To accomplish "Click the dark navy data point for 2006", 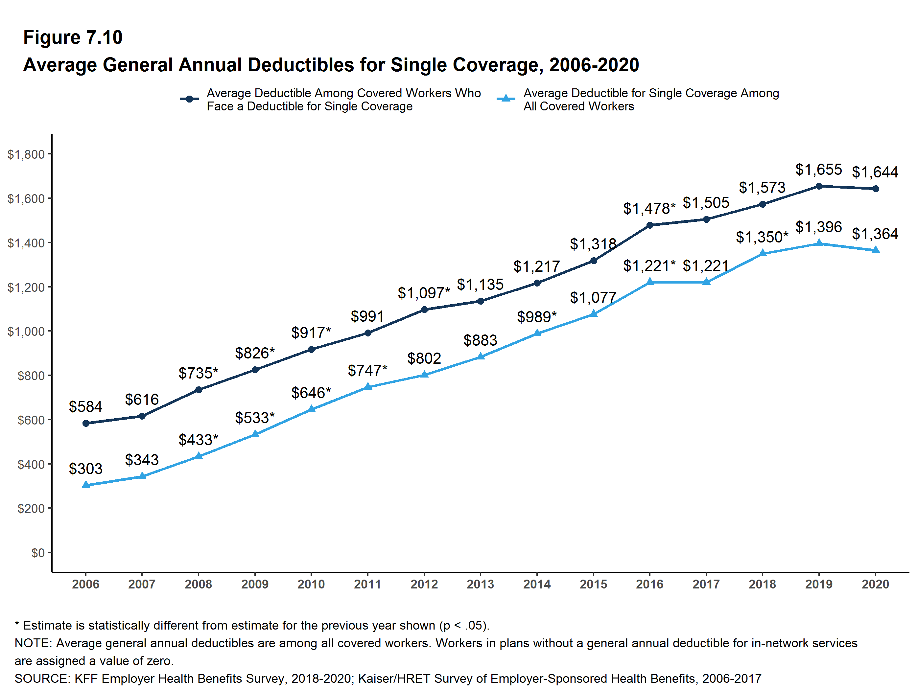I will pos(86,423).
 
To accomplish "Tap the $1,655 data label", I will pos(818,170).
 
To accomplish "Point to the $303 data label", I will pos(85,469).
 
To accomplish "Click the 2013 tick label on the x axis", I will pos(480,584).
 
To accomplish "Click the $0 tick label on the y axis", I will pos(38,553).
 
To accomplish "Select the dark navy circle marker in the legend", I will pos(189,99).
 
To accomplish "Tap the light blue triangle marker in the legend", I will pos(506,99).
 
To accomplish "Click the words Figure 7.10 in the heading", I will pos(73,37).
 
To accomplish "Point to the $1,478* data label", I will pos(649,208).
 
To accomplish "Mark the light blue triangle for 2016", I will pos(649,282).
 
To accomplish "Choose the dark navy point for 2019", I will pos(819,186).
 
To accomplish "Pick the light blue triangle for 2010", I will pos(311,409).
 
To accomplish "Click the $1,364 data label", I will pos(875,234).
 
